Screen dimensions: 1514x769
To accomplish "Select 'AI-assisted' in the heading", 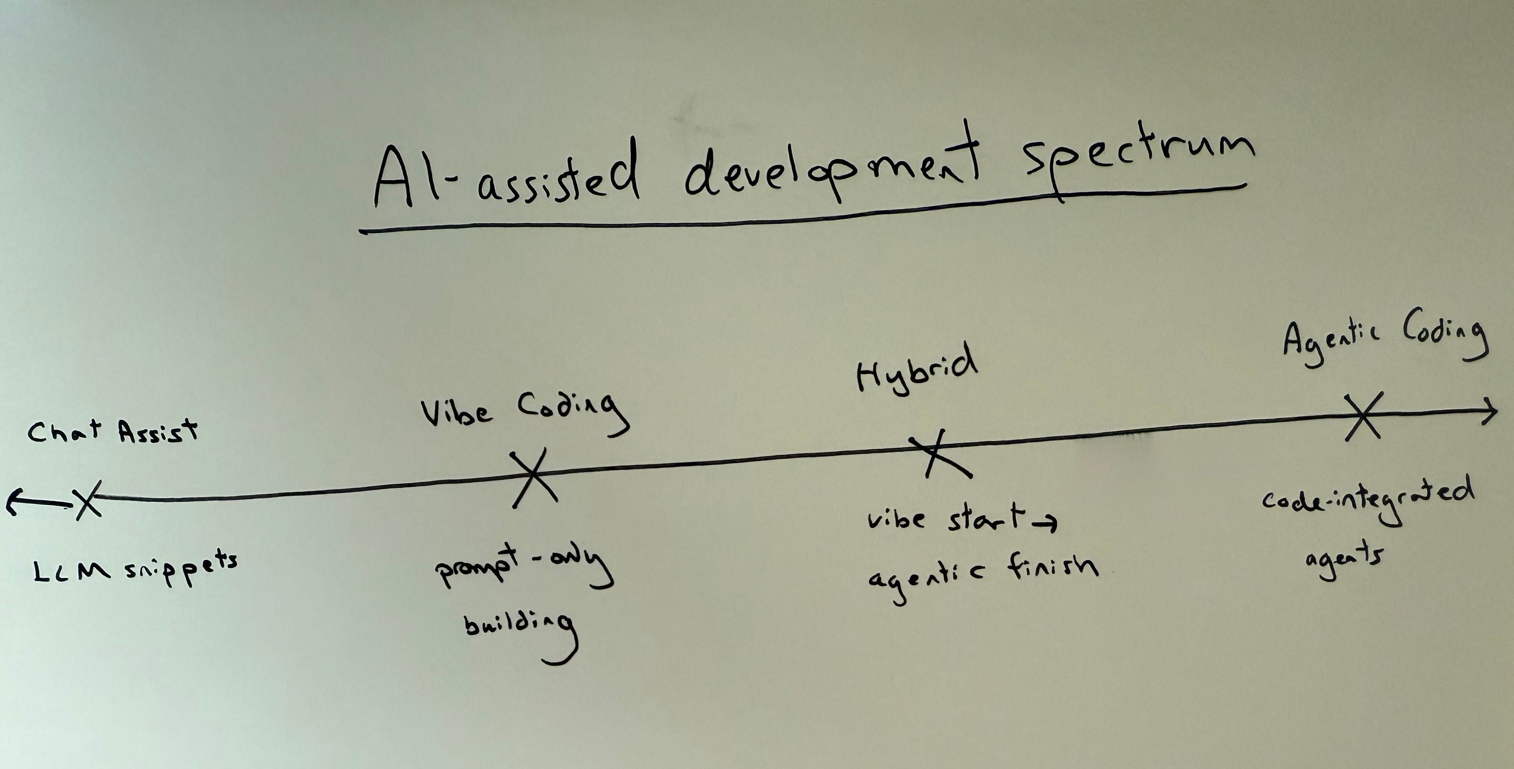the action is (505, 176).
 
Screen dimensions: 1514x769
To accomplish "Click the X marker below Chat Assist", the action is (88, 501).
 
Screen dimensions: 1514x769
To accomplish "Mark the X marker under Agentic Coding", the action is (1363, 416).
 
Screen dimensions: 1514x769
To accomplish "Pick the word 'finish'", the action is (1052, 568).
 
